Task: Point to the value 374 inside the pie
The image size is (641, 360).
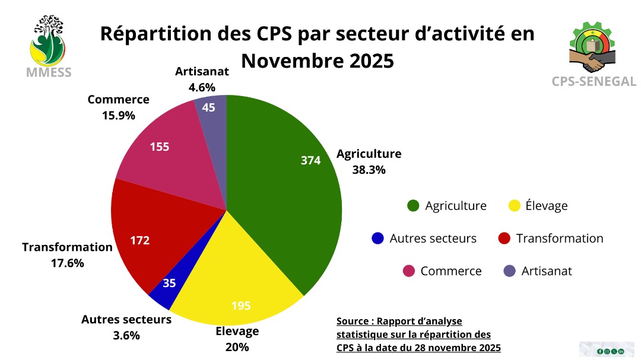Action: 310,161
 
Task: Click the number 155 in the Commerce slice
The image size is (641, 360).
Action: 159,146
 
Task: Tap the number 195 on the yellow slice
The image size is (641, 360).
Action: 241,306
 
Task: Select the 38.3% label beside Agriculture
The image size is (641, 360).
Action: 369,170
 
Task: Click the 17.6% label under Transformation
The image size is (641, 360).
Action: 67,263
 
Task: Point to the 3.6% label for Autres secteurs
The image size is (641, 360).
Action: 126,335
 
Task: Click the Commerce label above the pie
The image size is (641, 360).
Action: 118,100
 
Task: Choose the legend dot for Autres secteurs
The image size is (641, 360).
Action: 377,238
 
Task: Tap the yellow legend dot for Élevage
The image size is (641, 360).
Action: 515,206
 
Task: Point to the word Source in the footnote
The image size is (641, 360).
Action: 353,321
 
